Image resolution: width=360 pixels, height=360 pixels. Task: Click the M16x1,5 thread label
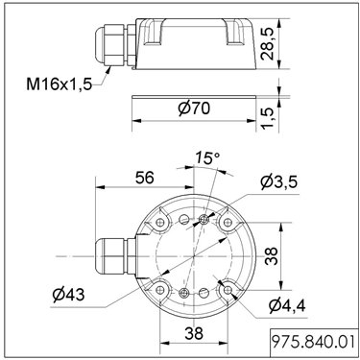tap(60, 84)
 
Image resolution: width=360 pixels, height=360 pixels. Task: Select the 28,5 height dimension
tap(267, 44)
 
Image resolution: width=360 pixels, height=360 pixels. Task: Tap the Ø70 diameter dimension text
tap(194, 108)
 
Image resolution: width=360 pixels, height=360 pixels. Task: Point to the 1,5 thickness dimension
tap(267, 118)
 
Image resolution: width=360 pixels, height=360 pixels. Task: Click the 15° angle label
tap(208, 157)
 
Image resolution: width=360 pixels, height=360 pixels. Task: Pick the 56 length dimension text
tap(145, 178)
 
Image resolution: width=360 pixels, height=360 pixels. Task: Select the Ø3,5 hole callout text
tap(279, 181)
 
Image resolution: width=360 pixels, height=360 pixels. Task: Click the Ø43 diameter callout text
tap(69, 295)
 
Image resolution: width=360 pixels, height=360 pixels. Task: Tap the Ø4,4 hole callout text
tap(287, 306)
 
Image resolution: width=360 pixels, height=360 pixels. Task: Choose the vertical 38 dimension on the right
tap(272, 256)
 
